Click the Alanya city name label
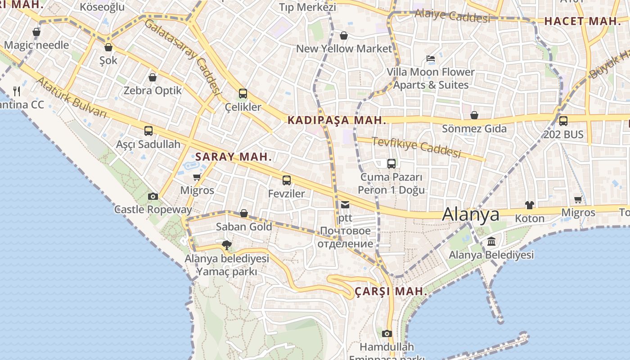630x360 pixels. click(x=471, y=214)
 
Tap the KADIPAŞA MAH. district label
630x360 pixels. click(x=337, y=120)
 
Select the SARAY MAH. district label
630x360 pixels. click(x=234, y=157)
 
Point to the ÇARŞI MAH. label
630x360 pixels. click(x=391, y=291)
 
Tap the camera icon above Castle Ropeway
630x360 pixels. click(x=153, y=196)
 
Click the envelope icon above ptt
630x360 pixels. click(x=345, y=205)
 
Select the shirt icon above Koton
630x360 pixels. click(x=530, y=205)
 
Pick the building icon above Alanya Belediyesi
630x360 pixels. click(x=491, y=242)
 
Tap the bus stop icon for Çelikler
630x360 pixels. click(x=243, y=94)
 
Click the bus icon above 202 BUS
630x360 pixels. click(x=563, y=121)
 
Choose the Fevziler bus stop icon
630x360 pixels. click(x=287, y=180)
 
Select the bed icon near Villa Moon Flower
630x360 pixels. click(x=431, y=58)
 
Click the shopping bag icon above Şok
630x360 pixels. click(x=108, y=47)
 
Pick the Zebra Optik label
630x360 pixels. click(x=153, y=90)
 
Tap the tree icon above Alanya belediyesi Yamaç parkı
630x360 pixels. click(x=227, y=245)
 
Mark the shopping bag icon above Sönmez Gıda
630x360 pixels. click(x=474, y=116)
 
